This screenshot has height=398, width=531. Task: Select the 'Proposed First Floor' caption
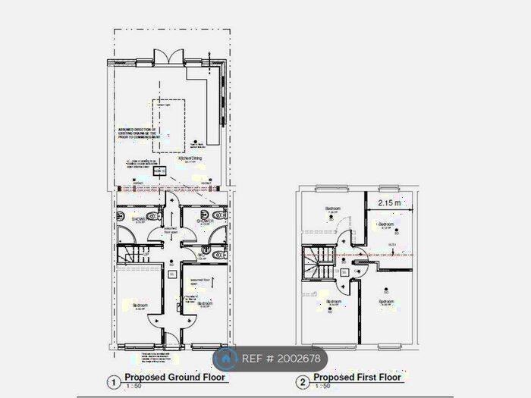pyautogui.click(x=357, y=377)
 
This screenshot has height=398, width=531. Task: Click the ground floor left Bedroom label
pyautogui.click(x=139, y=306)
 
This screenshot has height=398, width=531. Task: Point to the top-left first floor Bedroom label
pyautogui.click(x=331, y=208)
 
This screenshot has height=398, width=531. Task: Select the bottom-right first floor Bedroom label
pyautogui.click(x=386, y=302)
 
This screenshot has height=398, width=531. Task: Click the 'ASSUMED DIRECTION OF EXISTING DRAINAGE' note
pyautogui.click(x=137, y=133)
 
